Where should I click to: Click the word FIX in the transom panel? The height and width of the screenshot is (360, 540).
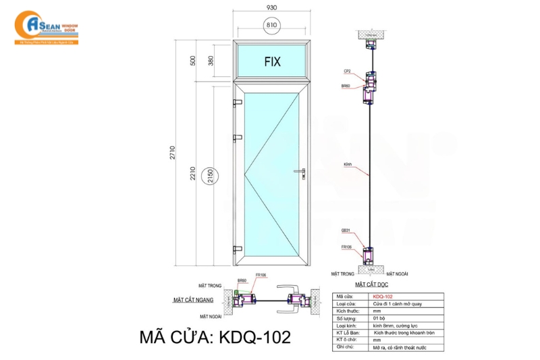(x=272, y=61)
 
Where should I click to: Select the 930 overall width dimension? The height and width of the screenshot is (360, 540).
(x=271, y=7)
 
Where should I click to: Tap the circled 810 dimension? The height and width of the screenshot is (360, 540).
(x=272, y=25)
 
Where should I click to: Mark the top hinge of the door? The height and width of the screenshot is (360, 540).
(x=237, y=103)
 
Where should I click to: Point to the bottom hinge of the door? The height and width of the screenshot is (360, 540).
(x=237, y=249)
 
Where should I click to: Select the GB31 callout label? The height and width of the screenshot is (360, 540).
(x=346, y=232)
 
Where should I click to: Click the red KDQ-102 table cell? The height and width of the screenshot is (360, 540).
(x=383, y=296)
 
